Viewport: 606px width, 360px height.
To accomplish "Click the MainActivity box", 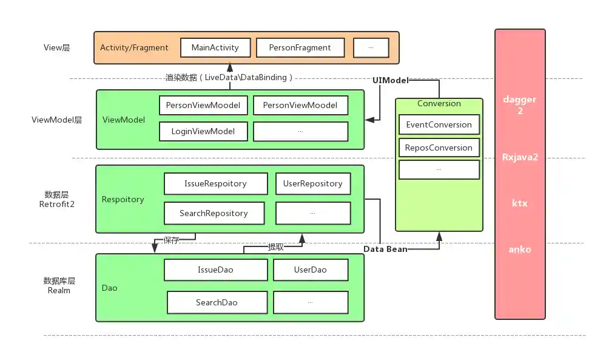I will point(215,47).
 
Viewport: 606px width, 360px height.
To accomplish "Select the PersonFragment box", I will point(300,47).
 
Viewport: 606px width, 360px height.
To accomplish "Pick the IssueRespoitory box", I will point(215,183).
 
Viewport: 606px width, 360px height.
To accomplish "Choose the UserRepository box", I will point(312,183).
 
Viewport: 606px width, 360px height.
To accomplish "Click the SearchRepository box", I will point(214,213).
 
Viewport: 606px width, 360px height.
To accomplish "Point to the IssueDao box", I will point(215,270).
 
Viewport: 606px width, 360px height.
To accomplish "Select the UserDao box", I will point(310,270).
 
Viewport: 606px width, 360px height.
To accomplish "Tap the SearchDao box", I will point(217,302).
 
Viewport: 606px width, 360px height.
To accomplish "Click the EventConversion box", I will point(439,124).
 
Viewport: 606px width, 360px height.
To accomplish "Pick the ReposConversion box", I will point(439,148).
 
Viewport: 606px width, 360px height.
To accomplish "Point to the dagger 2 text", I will point(520,104).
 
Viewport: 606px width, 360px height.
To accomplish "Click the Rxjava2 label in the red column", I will point(520,157).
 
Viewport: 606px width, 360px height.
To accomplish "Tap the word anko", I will point(520,249).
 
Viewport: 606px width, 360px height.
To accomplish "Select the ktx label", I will point(520,203).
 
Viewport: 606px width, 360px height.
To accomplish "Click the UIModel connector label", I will point(391,80).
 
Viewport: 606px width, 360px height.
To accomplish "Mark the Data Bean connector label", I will point(385,249).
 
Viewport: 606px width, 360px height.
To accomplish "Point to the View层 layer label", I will point(57,47).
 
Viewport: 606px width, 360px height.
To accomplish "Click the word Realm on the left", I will point(59,290).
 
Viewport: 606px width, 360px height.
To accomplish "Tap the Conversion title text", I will point(439,103).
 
